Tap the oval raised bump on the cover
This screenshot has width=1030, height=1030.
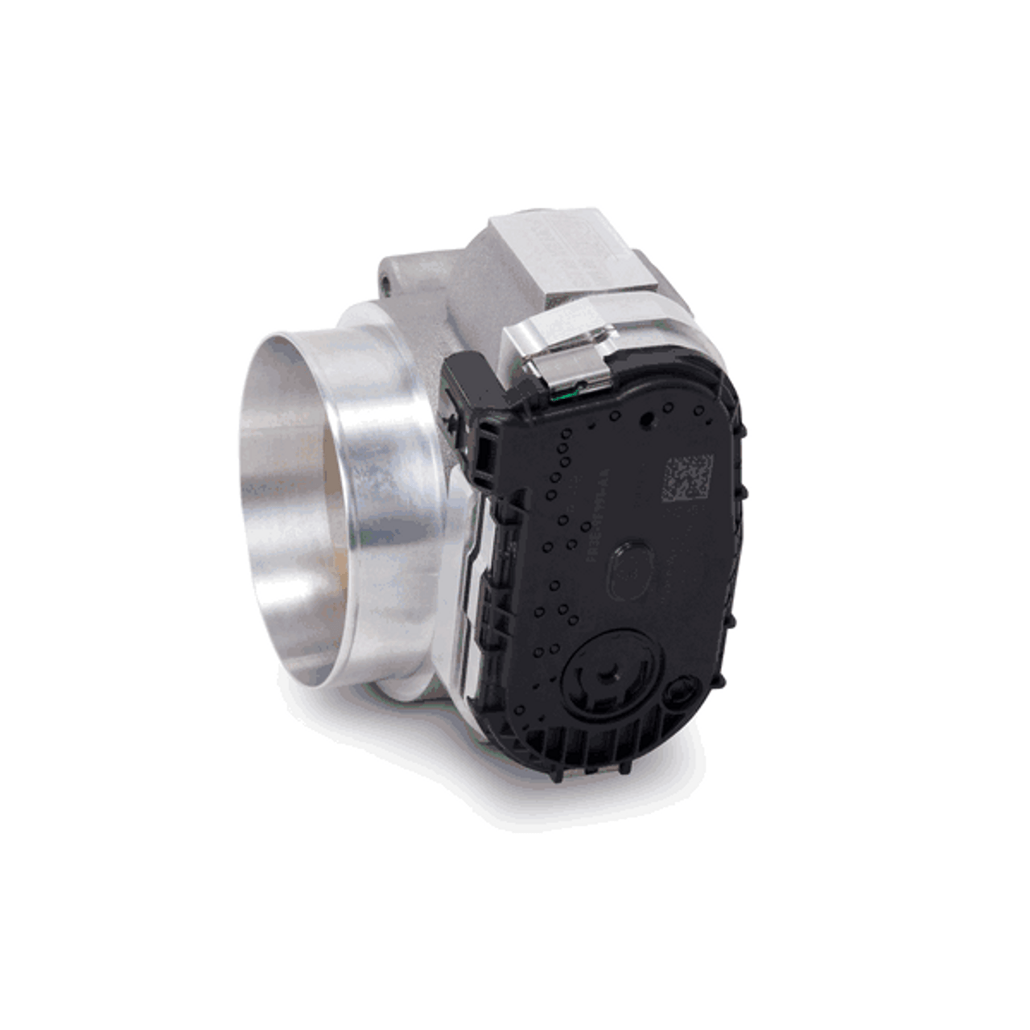(x=633, y=566)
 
